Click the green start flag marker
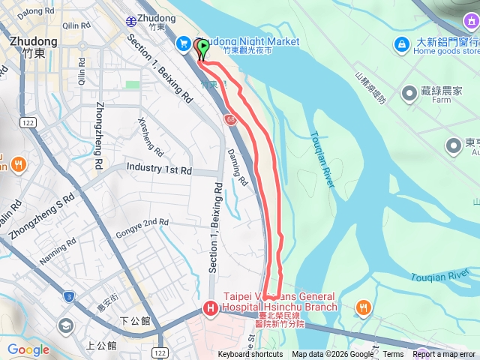[203, 48]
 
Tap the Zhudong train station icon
[132, 20]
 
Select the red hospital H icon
[211, 307]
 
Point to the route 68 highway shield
[229, 120]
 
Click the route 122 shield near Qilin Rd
[28, 122]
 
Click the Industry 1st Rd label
[159, 169]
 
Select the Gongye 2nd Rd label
[144, 223]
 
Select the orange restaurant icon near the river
[364, 307]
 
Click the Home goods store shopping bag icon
[402, 45]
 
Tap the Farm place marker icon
[409, 93]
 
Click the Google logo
[28, 349]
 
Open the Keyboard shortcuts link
[251, 355]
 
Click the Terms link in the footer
[393, 355]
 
